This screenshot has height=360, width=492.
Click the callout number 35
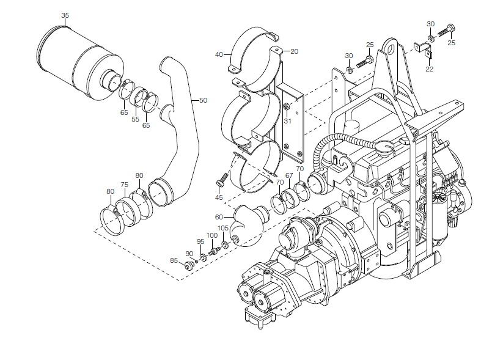point(65,15)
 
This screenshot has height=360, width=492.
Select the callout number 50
point(203,100)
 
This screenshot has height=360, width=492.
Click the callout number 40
point(219,55)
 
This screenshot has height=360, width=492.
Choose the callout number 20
point(294,51)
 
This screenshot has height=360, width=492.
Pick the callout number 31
point(287,122)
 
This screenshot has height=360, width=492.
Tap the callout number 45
point(218,197)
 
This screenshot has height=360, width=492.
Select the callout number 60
point(219,217)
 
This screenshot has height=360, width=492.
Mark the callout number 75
point(124,185)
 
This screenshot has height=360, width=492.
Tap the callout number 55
point(135,119)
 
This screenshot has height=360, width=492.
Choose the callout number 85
point(174,261)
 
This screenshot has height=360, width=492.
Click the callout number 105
point(223,228)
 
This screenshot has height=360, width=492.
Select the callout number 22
point(430,69)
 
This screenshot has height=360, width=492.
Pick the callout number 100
point(211,235)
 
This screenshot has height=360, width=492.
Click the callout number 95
point(200,241)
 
